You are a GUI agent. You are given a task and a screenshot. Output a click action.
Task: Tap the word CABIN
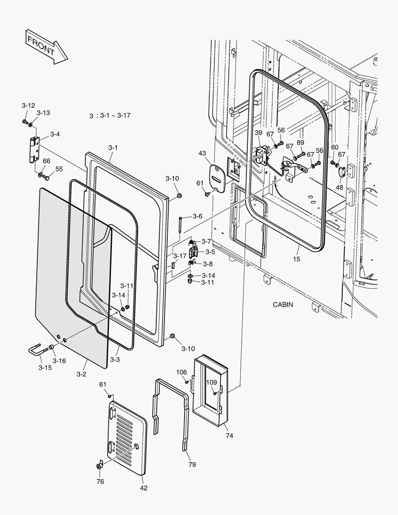pyautogui.click(x=283, y=305)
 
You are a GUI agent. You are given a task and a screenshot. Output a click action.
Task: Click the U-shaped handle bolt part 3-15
pyautogui.click(x=38, y=352)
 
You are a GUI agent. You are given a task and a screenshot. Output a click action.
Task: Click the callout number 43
pyautogui.click(x=203, y=153)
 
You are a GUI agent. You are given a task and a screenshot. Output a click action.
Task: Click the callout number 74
pyautogui.click(x=229, y=436)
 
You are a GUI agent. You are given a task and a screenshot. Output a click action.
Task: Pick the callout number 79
pyautogui.click(x=192, y=464)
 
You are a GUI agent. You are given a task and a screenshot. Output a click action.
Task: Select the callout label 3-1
pyautogui.click(x=112, y=148)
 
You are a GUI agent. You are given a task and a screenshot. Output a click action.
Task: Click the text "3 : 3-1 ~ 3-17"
pyautogui.click(x=110, y=116)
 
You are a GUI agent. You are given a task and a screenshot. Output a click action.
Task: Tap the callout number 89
pyautogui.click(x=300, y=143)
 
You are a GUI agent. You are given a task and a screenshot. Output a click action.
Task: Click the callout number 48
pyautogui.click(x=339, y=187)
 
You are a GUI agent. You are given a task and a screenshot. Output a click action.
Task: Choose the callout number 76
pyautogui.click(x=100, y=482)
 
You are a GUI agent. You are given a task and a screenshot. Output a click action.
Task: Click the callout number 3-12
pyautogui.click(x=28, y=105)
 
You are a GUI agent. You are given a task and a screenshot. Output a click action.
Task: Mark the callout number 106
pyautogui.click(x=182, y=372)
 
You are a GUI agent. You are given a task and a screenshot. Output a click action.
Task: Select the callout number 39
pyautogui.click(x=258, y=133)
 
